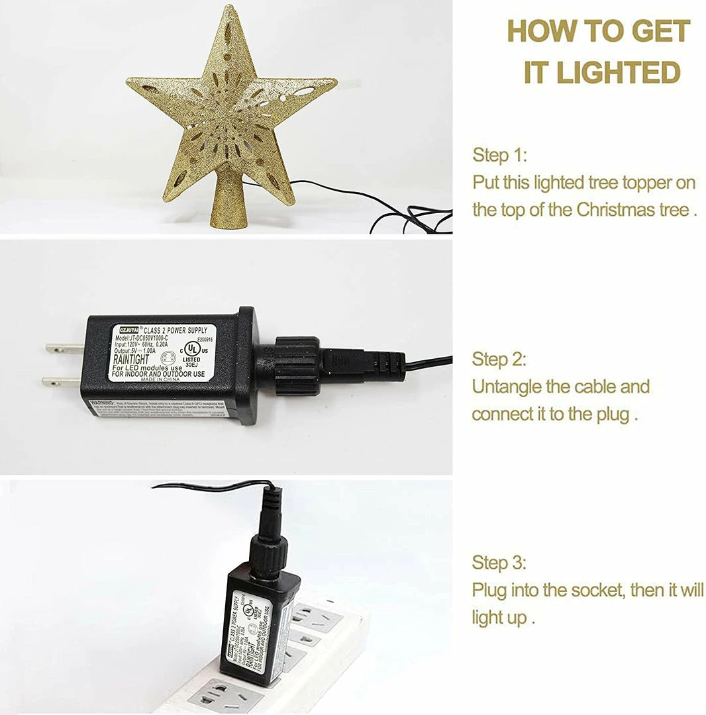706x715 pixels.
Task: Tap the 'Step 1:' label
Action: (x=500, y=156)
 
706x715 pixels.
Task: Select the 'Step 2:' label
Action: (x=499, y=359)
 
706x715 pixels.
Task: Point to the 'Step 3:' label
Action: (x=499, y=563)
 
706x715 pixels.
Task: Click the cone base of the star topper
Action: (x=228, y=199)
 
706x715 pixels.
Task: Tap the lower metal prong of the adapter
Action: (x=62, y=381)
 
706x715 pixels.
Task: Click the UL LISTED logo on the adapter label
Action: (x=192, y=349)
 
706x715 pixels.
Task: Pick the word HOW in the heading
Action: (x=544, y=31)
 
